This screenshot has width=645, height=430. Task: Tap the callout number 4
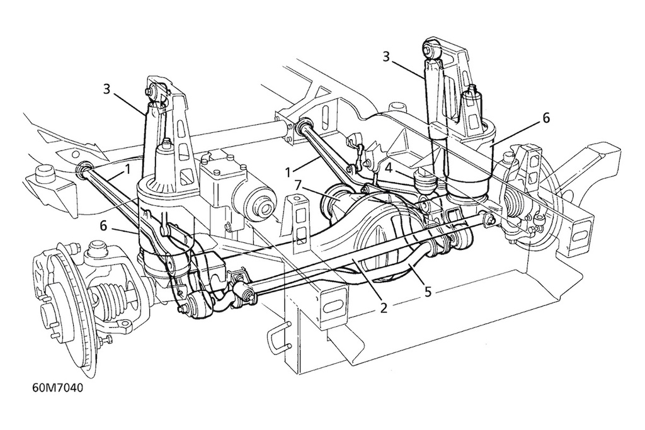pos(390,168)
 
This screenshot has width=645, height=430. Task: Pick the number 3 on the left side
pos(107,89)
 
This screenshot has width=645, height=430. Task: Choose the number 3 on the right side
pos(386,57)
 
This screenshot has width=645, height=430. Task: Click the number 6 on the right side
pos(545,118)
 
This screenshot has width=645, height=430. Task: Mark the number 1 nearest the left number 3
pos(127,168)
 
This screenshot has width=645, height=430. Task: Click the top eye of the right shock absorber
pos(431,47)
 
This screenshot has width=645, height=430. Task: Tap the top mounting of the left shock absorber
pos(153,91)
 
